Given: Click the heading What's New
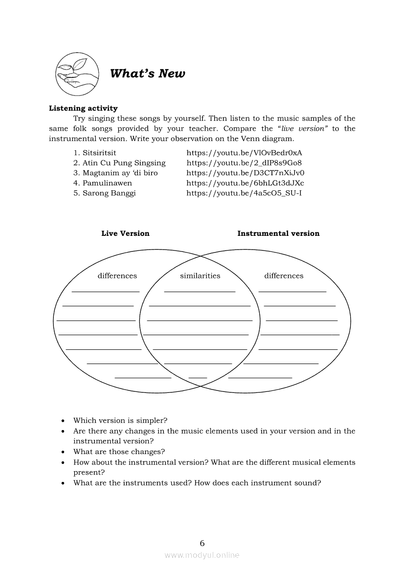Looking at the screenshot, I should click(x=147, y=74).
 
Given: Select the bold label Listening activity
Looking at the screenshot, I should click(x=83, y=108).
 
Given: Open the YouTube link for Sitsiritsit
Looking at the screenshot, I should click(x=244, y=153).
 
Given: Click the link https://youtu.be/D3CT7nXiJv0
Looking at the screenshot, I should click(x=245, y=173).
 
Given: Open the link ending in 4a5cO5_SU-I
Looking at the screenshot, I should click(x=244, y=193).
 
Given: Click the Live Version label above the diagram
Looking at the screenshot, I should click(x=125, y=233).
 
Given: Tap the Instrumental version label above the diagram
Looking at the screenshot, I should click(x=278, y=233).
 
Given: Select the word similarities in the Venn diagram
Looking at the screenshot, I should click(x=200, y=276).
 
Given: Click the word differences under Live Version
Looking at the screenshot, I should click(x=117, y=276).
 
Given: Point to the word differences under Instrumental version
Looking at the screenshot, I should click(x=284, y=276).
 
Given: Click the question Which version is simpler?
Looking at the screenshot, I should click(x=120, y=420).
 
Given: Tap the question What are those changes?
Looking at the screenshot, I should click(x=119, y=452).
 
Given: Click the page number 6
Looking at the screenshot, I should click(x=202, y=543).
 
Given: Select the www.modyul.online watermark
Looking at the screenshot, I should click(x=202, y=555).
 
